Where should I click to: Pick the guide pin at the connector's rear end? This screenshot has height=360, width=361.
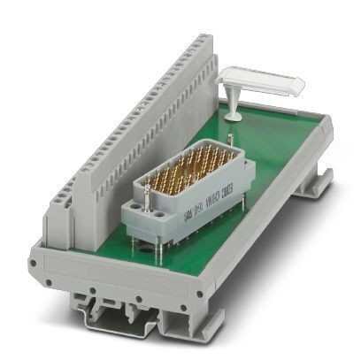coord(231,139)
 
